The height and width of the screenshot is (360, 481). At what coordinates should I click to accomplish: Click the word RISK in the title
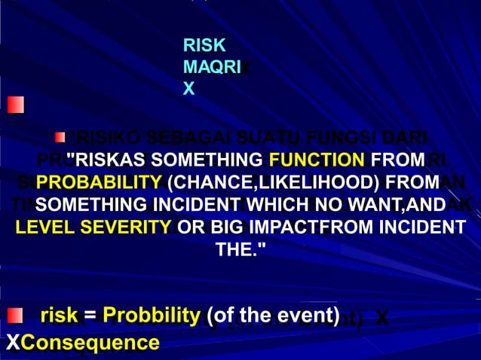(204, 46)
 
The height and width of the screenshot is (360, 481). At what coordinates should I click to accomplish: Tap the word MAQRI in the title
(211, 67)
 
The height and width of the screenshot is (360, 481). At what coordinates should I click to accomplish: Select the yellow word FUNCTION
(316, 160)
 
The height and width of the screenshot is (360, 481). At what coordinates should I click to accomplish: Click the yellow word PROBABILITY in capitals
(99, 182)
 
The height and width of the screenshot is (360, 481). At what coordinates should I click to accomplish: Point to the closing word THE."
(240, 250)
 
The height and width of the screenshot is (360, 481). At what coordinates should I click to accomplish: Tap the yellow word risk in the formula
(59, 316)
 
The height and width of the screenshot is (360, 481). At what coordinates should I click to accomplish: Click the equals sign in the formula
(90, 316)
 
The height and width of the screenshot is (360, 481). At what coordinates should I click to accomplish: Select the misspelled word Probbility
(151, 316)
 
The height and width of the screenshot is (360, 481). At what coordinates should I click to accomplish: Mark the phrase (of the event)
(272, 316)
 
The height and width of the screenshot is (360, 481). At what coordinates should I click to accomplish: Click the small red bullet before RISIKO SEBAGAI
(60, 137)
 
